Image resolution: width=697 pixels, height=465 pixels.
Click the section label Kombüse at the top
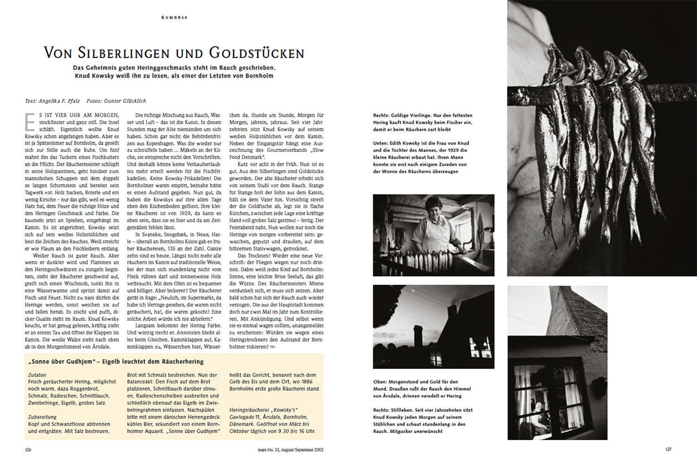pos(174,17)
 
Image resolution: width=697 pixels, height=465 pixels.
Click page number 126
pos(28,449)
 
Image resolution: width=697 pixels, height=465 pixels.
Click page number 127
pos(669,449)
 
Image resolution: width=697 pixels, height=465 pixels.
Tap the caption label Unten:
pos(382,143)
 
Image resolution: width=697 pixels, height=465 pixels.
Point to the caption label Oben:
pos(381,382)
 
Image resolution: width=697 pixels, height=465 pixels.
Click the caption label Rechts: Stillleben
pos(394,410)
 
